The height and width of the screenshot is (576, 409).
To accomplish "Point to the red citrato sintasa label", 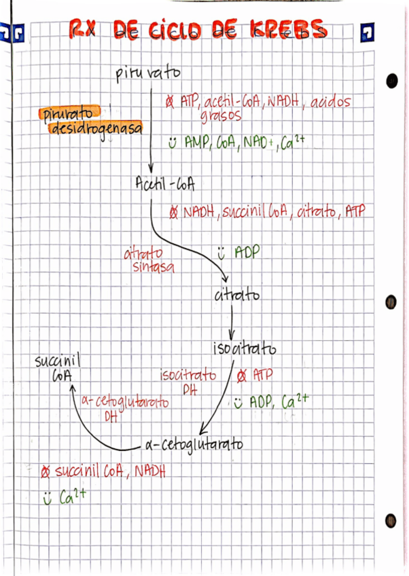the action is pyautogui.click(x=149, y=260).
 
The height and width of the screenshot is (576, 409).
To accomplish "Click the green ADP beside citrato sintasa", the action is pyautogui.click(x=247, y=253).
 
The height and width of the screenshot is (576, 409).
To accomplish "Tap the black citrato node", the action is pyautogui.click(x=236, y=296).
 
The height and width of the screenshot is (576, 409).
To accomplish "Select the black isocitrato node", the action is pyautogui.click(x=245, y=349).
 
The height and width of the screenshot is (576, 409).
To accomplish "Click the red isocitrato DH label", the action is pyautogui.click(x=188, y=380).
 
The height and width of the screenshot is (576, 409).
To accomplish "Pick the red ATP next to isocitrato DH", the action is pyautogui.click(x=262, y=374).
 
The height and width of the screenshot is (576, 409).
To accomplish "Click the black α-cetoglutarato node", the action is pyautogui.click(x=194, y=446).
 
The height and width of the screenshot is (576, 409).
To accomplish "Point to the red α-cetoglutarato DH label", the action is pyautogui.click(x=124, y=407).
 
